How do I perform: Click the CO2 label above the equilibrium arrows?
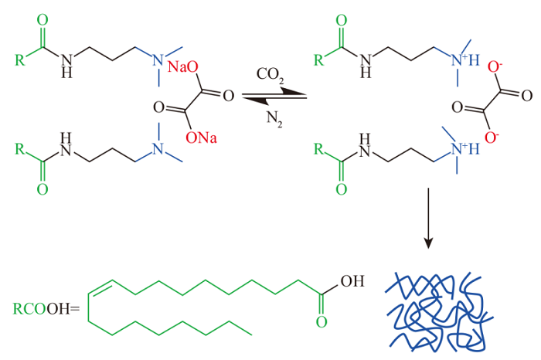click(x=270, y=75)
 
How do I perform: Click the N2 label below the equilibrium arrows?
click(x=274, y=119)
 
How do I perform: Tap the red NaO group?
click(x=183, y=66)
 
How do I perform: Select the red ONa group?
click(x=201, y=138)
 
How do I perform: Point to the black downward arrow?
click(x=428, y=218)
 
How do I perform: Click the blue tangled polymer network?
click(x=439, y=311)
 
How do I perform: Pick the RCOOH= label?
click(x=46, y=309)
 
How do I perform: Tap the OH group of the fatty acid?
click(x=352, y=281)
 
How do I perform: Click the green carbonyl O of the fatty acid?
click(x=322, y=322)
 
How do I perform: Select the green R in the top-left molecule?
click(x=20, y=60)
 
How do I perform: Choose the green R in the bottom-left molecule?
click(x=20, y=149)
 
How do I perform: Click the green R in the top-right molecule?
click(x=319, y=60)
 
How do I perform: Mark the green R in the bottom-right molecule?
click(x=319, y=149)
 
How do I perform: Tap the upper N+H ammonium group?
click(x=465, y=60)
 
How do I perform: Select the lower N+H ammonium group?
click(x=465, y=149)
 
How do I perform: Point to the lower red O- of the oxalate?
click(x=492, y=137)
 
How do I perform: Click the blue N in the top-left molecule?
click(x=158, y=60)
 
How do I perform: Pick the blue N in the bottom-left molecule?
click(x=158, y=149)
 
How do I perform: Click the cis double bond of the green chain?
click(x=100, y=287)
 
